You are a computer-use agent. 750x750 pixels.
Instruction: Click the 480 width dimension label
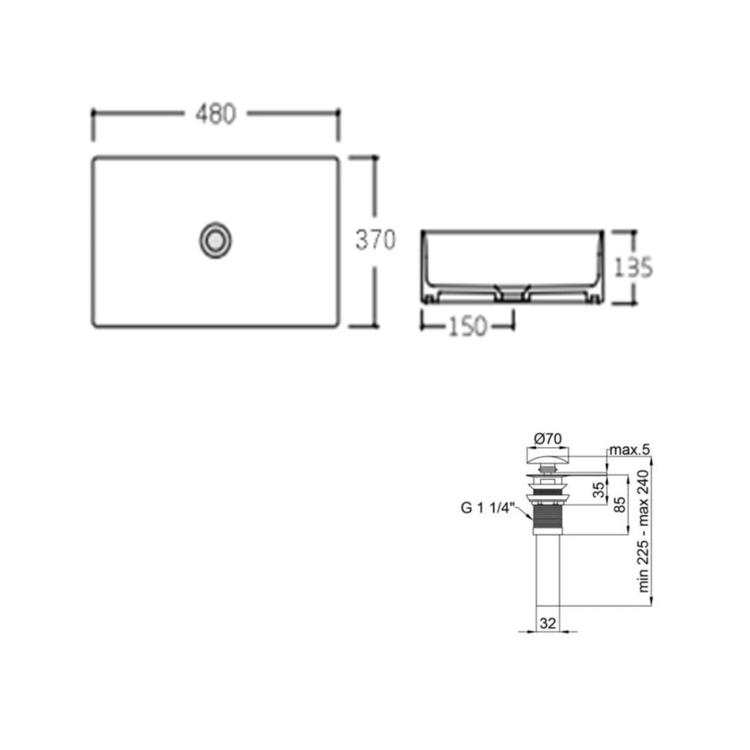click(215, 114)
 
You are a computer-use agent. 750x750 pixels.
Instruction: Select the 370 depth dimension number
click(375, 240)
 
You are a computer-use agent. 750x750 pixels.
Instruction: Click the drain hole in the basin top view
click(215, 240)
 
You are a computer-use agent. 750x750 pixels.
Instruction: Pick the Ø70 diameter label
click(548, 439)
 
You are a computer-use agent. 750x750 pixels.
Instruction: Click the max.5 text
click(630, 450)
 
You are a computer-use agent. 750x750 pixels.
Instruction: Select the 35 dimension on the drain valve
click(599, 490)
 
